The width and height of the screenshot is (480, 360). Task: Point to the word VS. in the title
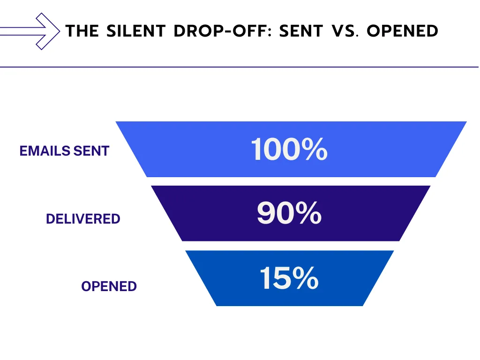pyautogui.click(x=345, y=31)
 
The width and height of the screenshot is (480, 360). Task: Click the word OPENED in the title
pyautogui.click(x=402, y=31)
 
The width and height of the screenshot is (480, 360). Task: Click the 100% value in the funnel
pyautogui.click(x=289, y=150)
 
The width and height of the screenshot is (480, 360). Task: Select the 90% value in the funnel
pyautogui.click(x=289, y=213)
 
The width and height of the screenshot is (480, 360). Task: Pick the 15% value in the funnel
pyautogui.click(x=289, y=278)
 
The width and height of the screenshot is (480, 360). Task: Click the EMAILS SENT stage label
pyautogui.click(x=64, y=151)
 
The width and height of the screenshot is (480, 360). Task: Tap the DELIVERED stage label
pyautogui.click(x=83, y=218)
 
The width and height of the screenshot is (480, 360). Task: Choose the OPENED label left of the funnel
pyautogui.click(x=109, y=286)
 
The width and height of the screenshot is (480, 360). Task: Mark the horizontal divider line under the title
pyautogui.click(x=240, y=67)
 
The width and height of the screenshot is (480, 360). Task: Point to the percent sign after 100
pyautogui.click(x=313, y=150)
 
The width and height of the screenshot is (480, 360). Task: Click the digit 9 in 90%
pyautogui.click(x=266, y=213)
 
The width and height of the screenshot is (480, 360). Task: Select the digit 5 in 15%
pyautogui.click(x=280, y=278)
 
